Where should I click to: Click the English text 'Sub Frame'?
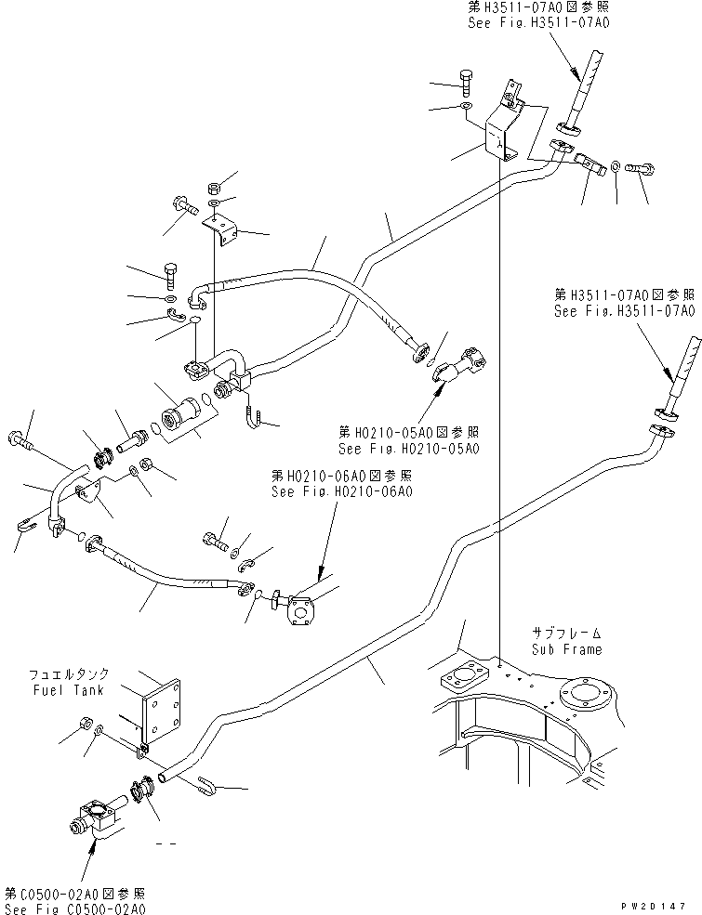point(566,649)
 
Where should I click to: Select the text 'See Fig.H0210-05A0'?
point(409,449)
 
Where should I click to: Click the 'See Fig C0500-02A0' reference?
point(74,908)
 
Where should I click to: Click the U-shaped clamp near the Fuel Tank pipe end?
point(209,788)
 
